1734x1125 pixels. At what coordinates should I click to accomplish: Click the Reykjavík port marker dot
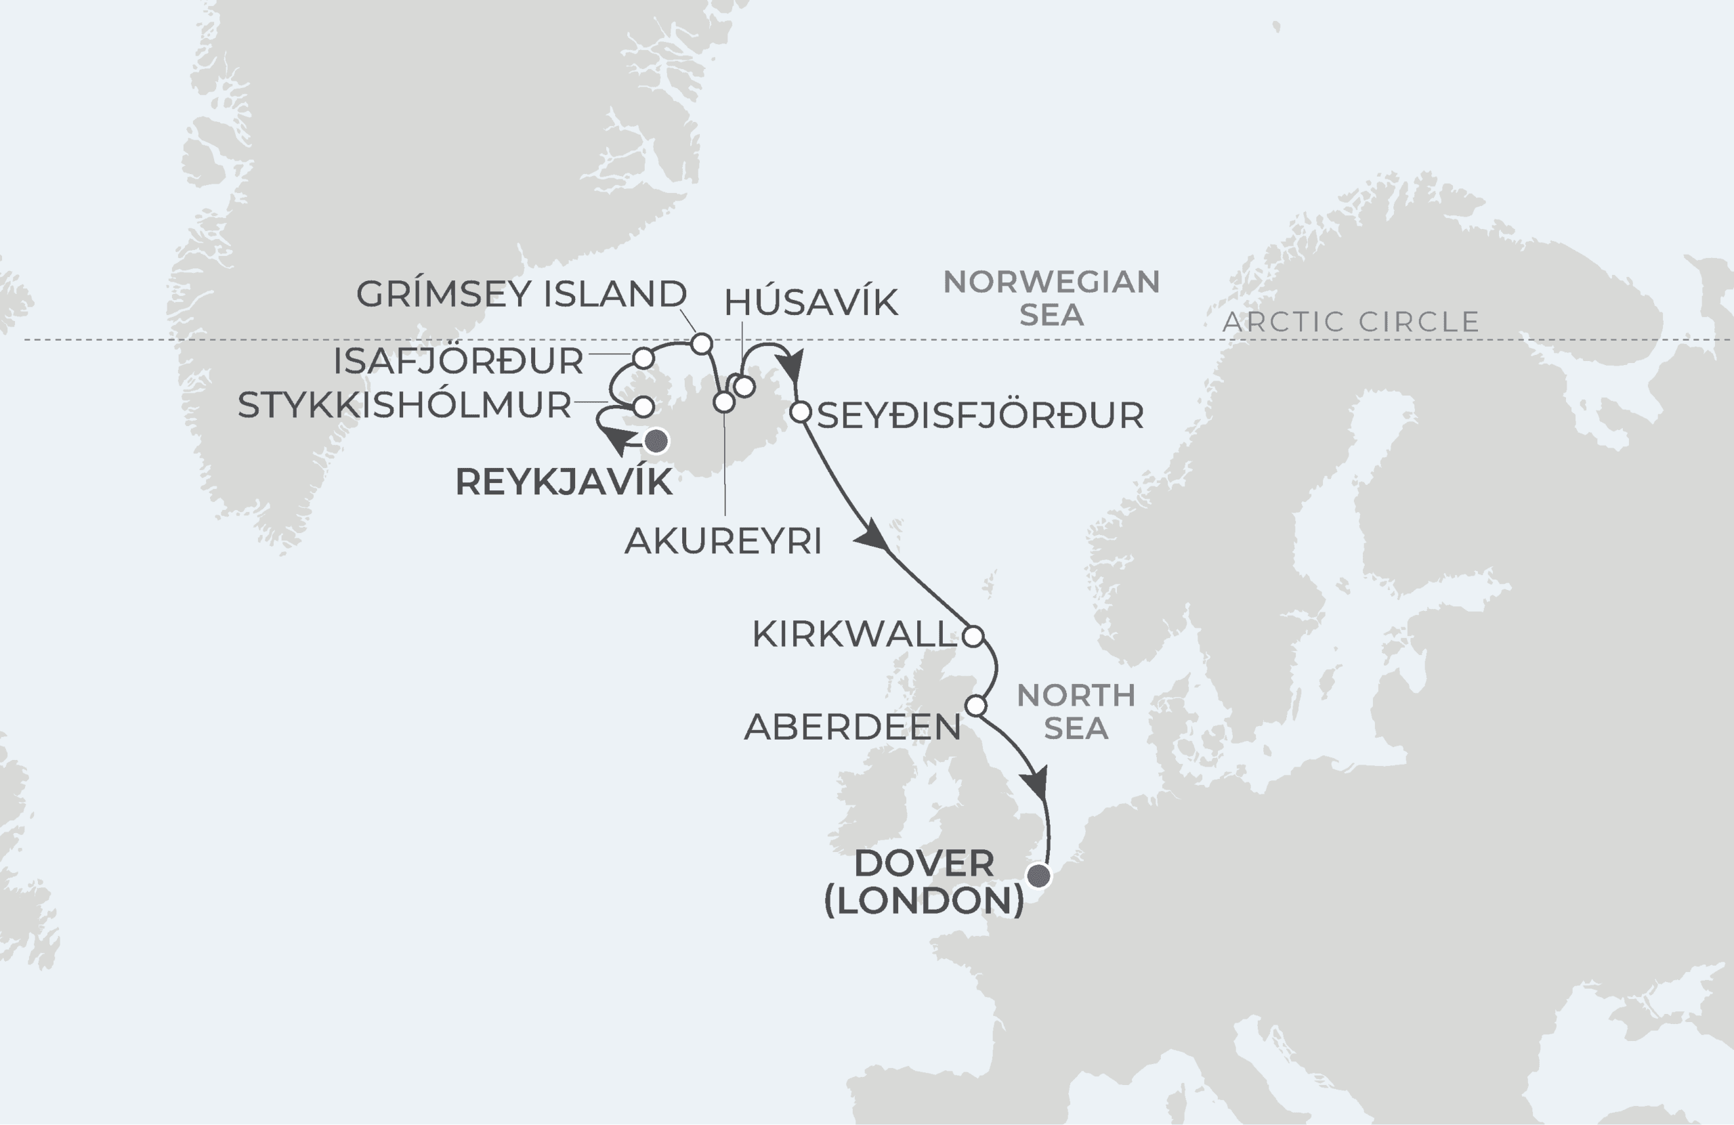coord(656,442)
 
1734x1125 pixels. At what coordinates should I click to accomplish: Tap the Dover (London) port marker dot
coord(1039,876)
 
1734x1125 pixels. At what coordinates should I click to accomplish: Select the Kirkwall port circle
coord(973,636)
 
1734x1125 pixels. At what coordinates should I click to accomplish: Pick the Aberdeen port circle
coord(975,706)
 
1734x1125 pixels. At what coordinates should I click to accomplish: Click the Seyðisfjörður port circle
coord(800,412)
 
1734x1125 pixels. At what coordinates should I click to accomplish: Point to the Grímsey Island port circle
coord(701,344)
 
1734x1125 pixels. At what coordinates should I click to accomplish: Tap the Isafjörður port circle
coord(643,358)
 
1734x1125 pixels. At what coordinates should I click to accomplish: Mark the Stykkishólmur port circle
coord(643,406)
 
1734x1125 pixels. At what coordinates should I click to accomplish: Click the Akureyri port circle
coord(723,402)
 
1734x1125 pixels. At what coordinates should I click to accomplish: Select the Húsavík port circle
coord(744,387)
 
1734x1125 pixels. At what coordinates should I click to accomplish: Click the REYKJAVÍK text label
coord(563,482)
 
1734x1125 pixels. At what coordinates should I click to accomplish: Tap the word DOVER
coord(923,864)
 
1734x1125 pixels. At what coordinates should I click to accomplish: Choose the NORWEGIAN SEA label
coord(1051,298)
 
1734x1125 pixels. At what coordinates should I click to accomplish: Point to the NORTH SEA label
coord(1076,712)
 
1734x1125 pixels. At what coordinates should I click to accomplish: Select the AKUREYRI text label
coord(723,541)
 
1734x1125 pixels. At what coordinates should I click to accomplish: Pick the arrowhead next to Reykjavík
coord(620,440)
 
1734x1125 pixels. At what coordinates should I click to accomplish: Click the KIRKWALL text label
coord(854,635)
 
